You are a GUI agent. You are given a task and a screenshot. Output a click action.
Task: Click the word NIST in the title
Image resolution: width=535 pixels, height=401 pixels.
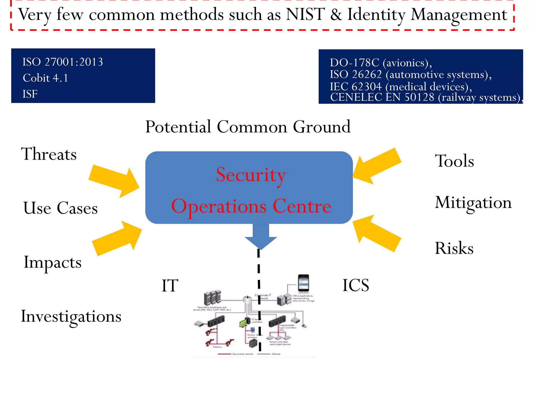click(305, 14)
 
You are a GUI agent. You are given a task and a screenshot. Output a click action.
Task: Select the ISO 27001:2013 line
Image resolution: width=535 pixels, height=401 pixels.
click(63, 62)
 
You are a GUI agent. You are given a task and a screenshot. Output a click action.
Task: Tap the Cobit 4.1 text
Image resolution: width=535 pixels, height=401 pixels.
click(45, 78)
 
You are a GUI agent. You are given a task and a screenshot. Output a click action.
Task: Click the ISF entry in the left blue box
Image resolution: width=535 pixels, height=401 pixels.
click(30, 94)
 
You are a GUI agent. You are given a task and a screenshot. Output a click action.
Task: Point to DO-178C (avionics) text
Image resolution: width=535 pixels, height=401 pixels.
click(381, 63)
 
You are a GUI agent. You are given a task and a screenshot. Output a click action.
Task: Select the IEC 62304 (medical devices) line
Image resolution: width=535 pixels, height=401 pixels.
click(401, 86)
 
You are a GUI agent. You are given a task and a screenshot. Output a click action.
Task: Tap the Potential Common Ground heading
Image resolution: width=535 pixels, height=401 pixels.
click(248, 127)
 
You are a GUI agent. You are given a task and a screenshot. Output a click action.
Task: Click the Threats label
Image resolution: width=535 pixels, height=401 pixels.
click(49, 154)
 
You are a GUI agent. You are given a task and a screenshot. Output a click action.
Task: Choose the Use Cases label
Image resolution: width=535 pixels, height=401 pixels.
click(60, 208)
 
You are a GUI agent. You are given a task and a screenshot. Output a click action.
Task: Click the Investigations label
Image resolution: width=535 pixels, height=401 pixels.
click(71, 316)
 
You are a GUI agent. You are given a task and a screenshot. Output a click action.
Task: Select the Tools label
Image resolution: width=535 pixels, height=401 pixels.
click(454, 161)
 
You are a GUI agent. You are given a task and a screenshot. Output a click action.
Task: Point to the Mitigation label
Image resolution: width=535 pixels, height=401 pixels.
click(473, 203)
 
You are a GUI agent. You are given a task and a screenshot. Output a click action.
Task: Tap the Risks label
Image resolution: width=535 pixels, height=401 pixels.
click(454, 248)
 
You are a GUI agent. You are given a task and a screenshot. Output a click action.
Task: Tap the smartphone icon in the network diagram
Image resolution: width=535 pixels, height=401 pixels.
click(304, 283)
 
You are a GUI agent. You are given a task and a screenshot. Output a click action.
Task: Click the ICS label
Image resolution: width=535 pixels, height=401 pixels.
click(356, 285)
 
